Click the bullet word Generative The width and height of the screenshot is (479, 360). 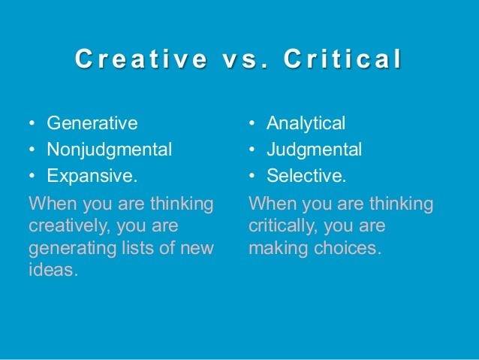click(x=92, y=123)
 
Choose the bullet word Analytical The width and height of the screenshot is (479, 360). click(x=306, y=123)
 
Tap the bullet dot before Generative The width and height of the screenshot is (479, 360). click(x=32, y=123)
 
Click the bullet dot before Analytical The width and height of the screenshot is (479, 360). click(x=253, y=123)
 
